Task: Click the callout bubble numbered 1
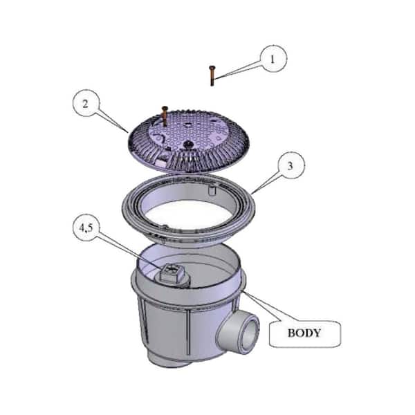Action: [273, 59]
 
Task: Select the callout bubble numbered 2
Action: [86, 103]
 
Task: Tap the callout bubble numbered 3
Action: [291, 165]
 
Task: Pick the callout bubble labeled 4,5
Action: [86, 228]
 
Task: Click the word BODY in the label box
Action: [304, 333]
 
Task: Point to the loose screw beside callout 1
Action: [212, 75]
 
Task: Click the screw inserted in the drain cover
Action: [165, 116]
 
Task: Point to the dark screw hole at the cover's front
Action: [188, 144]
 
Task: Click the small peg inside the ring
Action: [212, 190]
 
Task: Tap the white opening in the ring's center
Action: [190, 215]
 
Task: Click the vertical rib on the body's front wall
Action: [188, 332]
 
